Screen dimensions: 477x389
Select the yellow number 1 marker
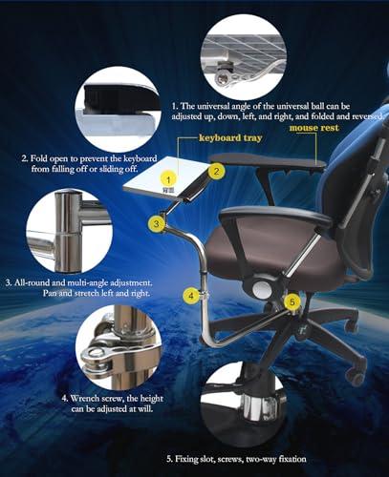pos(168,178)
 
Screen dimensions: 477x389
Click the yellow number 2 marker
pos(218,172)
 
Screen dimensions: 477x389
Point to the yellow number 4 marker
pos(190,296)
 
